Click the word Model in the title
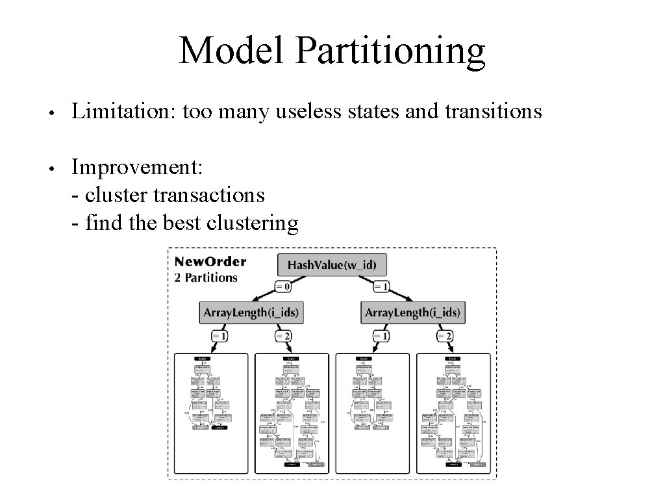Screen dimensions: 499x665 coord(232,51)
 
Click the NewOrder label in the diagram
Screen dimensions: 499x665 coord(210,262)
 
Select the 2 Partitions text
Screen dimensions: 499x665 coord(206,277)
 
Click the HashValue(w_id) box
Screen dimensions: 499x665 coord(327,265)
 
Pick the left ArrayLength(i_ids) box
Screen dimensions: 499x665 coord(251,313)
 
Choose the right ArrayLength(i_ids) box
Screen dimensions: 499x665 coord(413,313)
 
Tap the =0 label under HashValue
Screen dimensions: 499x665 coord(282,286)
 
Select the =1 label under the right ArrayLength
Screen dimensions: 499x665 coord(381,336)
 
